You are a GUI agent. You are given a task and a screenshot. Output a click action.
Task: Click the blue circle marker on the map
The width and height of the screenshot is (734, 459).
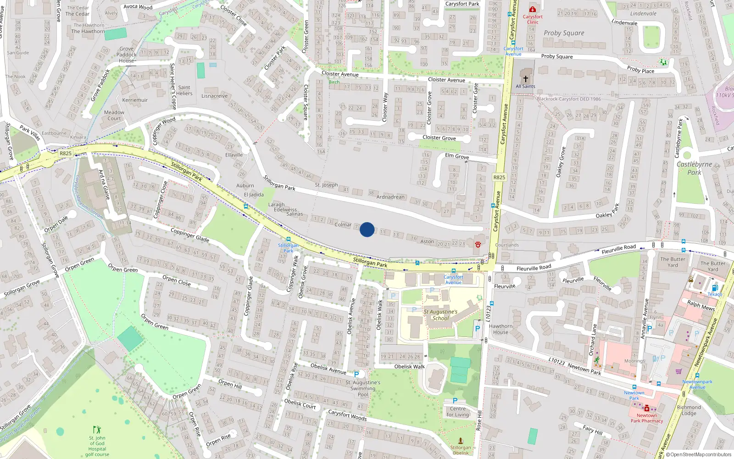(x=367, y=229)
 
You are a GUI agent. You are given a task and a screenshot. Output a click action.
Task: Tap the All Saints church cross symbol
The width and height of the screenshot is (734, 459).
(x=526, y=78)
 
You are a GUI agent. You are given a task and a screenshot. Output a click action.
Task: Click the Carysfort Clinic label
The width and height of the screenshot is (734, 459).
(x=533, y=19)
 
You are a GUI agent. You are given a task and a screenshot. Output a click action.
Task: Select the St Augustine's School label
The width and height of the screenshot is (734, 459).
(x=440, y=315)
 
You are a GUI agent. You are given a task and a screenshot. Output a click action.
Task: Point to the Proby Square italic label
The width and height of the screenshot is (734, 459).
(x=564, y=33)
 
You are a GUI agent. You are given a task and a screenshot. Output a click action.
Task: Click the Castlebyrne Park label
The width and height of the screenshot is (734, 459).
(x=694, y=168)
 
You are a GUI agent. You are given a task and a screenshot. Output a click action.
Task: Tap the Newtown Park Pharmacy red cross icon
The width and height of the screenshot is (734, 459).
(x=647, y=409)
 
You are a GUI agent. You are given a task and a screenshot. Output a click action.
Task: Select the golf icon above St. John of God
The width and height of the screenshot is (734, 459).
(x=97, y=430)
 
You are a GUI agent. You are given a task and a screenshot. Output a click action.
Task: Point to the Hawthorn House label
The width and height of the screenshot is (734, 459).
(x=500, y=329)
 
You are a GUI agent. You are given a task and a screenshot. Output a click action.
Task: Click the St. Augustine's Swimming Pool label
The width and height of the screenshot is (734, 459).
(x=363, y=388)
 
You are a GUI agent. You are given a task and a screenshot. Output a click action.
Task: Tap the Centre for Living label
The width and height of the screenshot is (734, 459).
(x=458, y=412)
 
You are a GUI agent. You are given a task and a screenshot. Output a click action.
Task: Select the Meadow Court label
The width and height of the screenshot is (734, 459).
(x=114, y=115)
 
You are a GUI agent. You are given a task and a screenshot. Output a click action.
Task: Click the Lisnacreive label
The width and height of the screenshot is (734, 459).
(x=214, y=96)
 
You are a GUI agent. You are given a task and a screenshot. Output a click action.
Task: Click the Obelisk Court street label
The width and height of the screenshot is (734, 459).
(x=300, y=403)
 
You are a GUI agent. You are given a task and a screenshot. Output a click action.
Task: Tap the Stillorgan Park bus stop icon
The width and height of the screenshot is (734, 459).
(x=288, y=239)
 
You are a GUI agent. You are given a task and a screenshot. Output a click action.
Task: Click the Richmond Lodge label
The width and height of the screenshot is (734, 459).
(x=689, y=410)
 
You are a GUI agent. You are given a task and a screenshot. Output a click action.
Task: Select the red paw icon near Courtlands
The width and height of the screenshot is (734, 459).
(x=478, y=244)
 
